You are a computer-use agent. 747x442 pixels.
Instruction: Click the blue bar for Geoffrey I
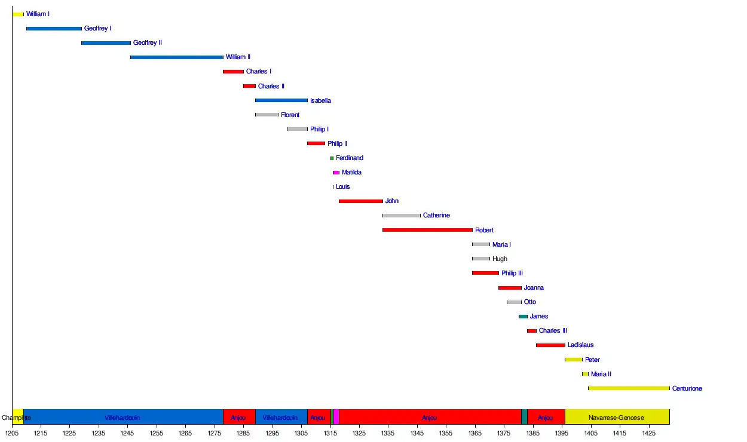(54, 29)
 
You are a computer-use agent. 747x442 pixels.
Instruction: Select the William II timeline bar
(177, 57)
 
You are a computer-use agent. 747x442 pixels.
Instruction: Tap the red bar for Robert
(427, 230)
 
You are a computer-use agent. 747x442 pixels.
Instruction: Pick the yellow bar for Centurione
(629, 388)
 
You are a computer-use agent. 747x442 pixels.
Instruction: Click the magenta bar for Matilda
(336, 173)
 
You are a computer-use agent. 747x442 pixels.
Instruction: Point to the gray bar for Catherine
(402, 216)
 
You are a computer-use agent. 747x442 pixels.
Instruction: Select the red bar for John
(360, 201)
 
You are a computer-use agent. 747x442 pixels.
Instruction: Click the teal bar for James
(523, 317)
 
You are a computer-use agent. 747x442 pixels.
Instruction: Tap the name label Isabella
(320, 101)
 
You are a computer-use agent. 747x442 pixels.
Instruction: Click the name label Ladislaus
(580, 345)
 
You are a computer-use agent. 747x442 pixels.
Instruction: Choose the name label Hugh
(500, 259)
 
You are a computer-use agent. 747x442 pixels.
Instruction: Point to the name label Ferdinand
(349, 158)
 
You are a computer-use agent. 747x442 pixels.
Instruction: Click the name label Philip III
(512, 274)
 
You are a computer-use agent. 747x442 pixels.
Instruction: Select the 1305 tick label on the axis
(301, 433)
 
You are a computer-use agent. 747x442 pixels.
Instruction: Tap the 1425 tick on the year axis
(648, 433)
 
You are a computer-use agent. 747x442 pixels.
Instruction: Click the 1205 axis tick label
(12, 433)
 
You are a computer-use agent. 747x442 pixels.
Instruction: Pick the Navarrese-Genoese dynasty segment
(617, 418)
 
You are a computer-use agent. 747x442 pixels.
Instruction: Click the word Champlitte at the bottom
(16, 418)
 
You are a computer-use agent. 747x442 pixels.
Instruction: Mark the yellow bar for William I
(18, 14)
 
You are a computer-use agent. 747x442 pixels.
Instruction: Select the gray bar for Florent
(267, 115)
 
